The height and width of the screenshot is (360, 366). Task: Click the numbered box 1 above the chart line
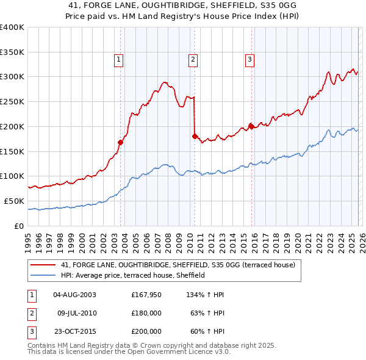118,60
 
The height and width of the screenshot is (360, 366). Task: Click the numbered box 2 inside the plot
192,60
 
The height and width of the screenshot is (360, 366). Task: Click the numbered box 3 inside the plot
249,60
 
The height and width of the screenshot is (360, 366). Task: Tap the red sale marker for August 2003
120,142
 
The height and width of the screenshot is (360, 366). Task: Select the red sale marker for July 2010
195,136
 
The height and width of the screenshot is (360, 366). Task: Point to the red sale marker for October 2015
251,126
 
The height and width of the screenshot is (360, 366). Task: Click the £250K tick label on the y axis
12,101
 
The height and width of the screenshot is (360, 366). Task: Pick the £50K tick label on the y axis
15,201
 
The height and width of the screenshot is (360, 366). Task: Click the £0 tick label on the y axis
19,226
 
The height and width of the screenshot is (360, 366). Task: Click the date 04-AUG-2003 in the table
74,295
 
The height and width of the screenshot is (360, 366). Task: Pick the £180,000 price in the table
146,313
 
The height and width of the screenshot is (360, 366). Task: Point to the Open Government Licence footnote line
129,352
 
